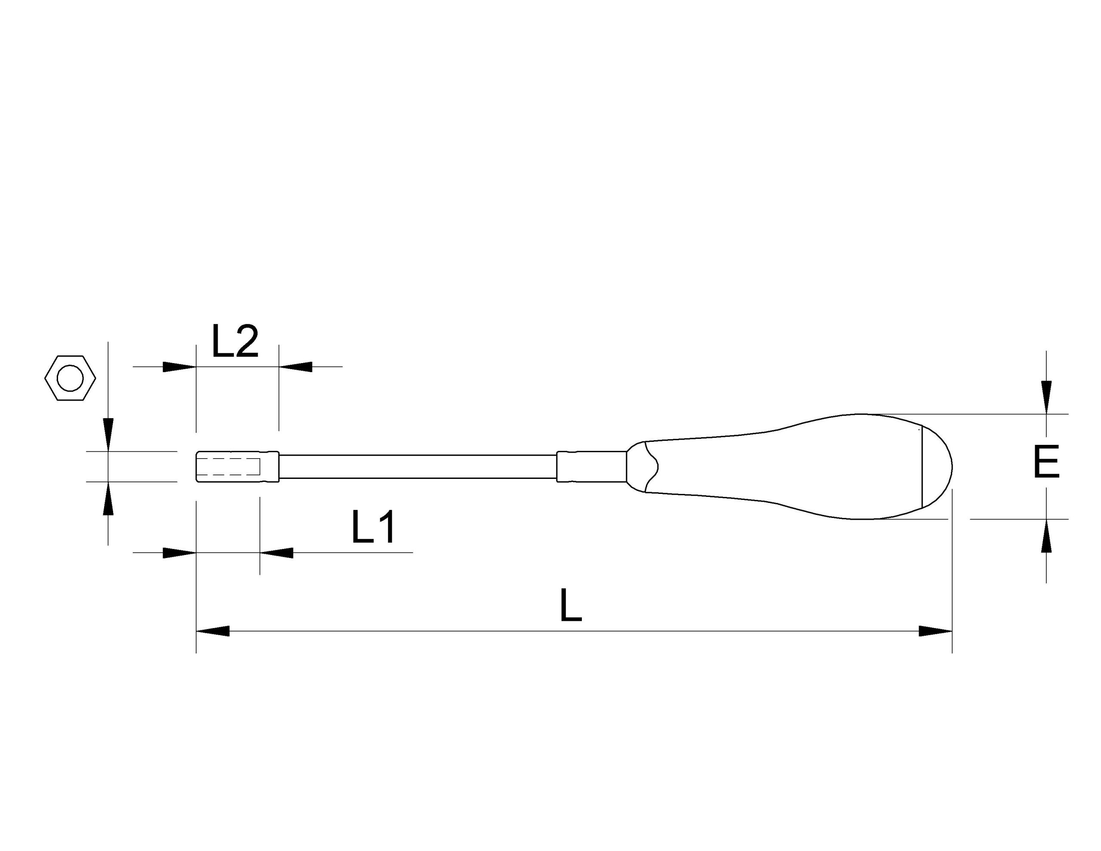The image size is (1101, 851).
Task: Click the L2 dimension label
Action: coord(235,341)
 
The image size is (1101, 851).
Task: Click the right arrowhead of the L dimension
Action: coord(935,631)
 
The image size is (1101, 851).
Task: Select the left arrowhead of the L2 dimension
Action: coord(179,367)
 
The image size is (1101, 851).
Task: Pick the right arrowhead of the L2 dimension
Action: coord(295,367)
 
